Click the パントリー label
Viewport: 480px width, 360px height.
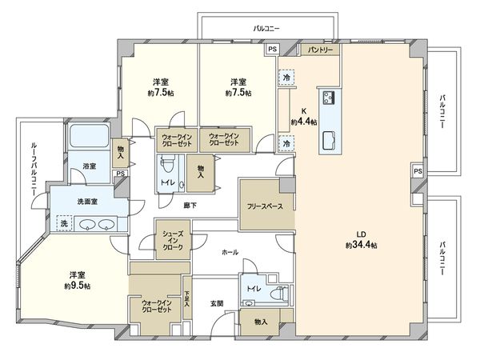tap(321, 50)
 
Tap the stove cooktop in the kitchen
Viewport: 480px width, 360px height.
tap(329, 98)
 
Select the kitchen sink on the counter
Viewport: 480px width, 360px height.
tap(329, 142)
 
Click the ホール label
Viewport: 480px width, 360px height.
tap(230, 251)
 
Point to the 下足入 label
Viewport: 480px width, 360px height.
tap(187, 299)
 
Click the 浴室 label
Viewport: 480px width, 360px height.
tap(89, 166)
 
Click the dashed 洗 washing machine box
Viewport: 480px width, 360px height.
tap(64, 223)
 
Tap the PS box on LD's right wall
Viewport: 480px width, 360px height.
tap(418, 171)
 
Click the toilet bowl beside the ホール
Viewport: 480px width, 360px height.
tap(280, 293)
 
